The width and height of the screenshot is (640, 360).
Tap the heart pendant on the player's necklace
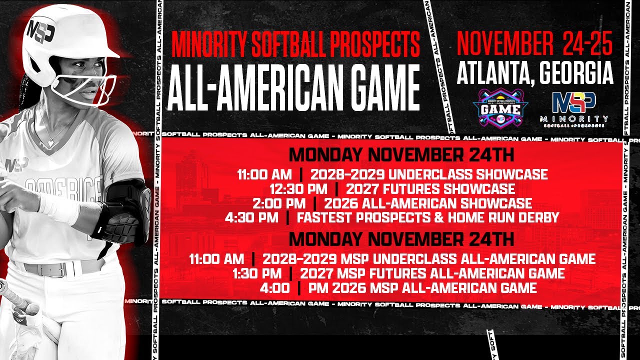click(50, 143)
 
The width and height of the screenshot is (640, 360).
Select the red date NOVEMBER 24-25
click(534, 45)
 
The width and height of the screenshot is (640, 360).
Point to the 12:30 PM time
click(298, 189)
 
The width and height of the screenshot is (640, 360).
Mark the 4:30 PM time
click(257, 217)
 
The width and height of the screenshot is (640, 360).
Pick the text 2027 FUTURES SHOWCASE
click(430, 189)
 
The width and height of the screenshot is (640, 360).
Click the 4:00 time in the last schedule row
click(274, 288)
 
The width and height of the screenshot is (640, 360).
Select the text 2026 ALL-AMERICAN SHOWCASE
click(428, 203)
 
